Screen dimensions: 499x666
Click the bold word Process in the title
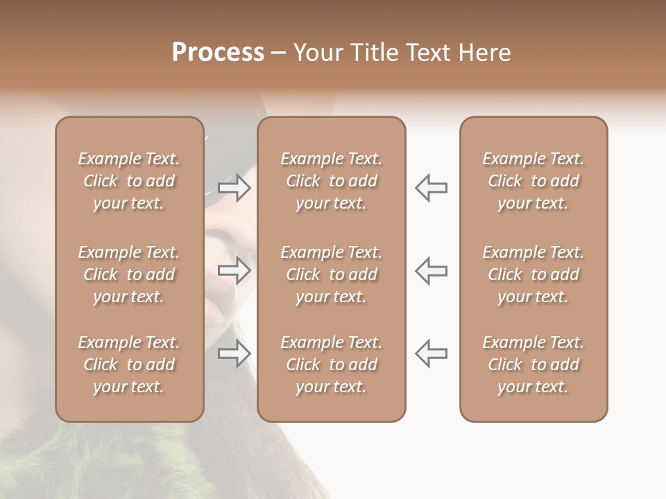(x=218, y=53)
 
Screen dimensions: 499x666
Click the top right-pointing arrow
(x=234, y=187)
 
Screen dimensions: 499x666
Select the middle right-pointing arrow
(x=234, y=270)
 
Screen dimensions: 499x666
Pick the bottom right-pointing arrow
(x=234, y=353)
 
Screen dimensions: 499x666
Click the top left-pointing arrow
(x=431, y=187)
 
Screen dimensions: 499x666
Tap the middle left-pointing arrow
(x=431, y=270)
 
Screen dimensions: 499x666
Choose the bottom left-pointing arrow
(x=431, y=353)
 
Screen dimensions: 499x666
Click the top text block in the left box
(x=129, y=181)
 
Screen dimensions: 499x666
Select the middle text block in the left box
(x=129, y=274)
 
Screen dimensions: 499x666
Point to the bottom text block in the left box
(x=129, y=365)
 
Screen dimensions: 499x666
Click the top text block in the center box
(x=332, y=181)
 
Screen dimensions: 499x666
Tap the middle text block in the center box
(x=332, y=274)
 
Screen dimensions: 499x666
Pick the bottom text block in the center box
(x=332, y=365)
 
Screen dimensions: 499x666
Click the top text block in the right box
(x=533, y=181)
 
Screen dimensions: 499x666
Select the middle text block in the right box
(x=533, y=274)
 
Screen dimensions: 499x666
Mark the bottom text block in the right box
(x=533, y=365)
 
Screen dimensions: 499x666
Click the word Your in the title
(x=316, y=53)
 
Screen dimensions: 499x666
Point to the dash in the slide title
(x=278, y=53)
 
